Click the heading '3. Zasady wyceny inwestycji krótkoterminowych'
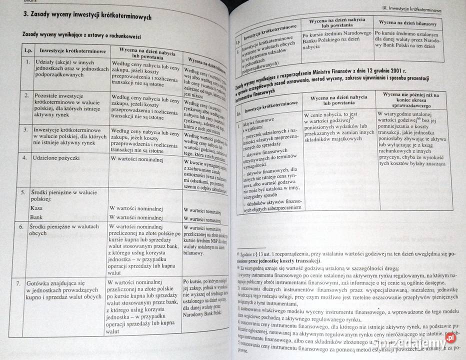[x=87, y=18]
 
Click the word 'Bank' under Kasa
[x=36, y=217]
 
